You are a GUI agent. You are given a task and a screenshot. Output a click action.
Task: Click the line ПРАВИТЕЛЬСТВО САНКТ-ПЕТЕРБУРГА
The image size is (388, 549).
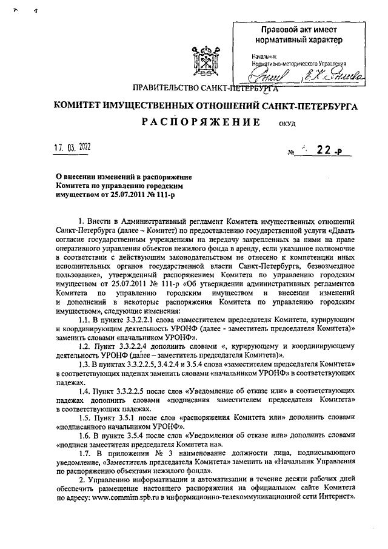coord(197,89)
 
